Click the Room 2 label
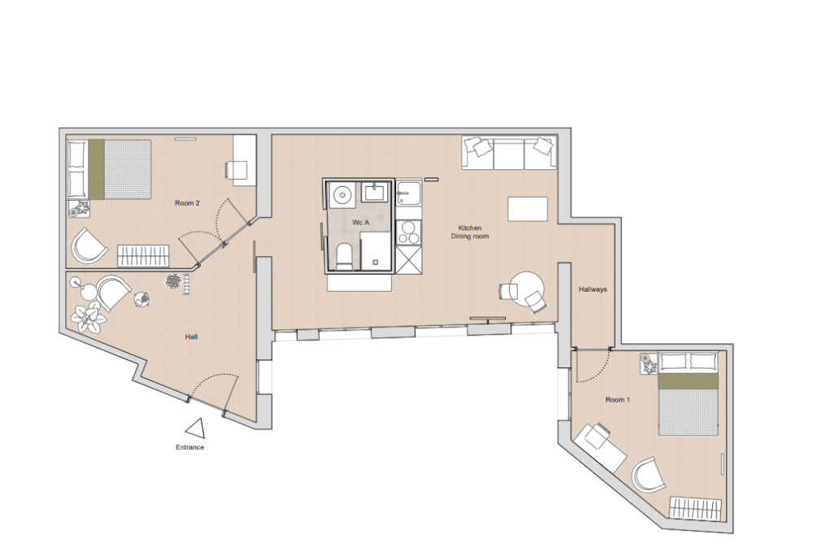tap(187, 203)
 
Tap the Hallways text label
tap(593, 289)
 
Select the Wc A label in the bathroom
tap(360, 222)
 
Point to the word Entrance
tap(189, 448)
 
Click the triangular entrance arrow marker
tap(194, 428)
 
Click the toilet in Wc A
tap(344, 255)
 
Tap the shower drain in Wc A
tap(375, 262)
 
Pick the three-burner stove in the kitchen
tap(408, 232)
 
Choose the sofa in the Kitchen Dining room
tap(510, 153)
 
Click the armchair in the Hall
tap(112, 292)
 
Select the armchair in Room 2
tap(89, 245)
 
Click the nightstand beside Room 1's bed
tap(649, 363)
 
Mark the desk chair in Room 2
tap(237, 169)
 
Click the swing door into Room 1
tap(593, 366)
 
